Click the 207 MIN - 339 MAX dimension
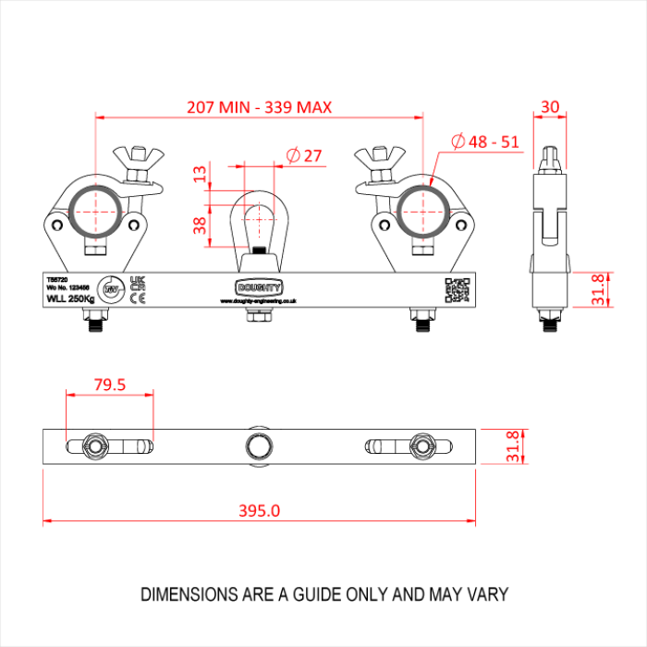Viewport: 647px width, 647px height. pyautogui.click(x=259, y=107)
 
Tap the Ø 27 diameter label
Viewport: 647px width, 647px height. pyautogui.click(x=304, y=155)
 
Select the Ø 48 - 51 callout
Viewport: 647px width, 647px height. pyautogui.click(x=484, y=141)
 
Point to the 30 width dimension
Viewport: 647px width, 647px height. pyautogui.click(x=550, y=106)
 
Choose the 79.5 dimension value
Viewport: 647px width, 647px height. pyautogui.click(x=109, y=385)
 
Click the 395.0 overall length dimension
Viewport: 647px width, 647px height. pyautogui.click(x=259, y=510)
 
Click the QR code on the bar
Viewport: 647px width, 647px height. pyautogui.click(x=457, y=290)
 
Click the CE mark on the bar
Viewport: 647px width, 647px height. pyautogui.click(x=138, y=298)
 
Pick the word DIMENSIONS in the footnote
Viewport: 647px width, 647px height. pyautogui.click(x=189, y=594)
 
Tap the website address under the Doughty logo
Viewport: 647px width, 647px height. pyautogui.click(x=258, y=300)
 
